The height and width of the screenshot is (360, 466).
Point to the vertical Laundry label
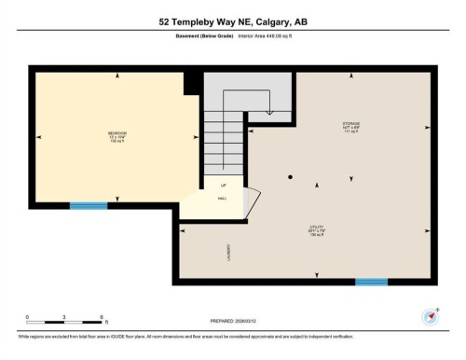228,252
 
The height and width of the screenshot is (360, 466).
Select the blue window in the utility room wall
371,282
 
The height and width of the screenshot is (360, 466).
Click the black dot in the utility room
291,177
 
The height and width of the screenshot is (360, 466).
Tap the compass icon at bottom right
431,316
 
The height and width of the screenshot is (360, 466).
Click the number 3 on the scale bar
63,317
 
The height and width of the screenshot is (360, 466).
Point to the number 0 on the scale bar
27,317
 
